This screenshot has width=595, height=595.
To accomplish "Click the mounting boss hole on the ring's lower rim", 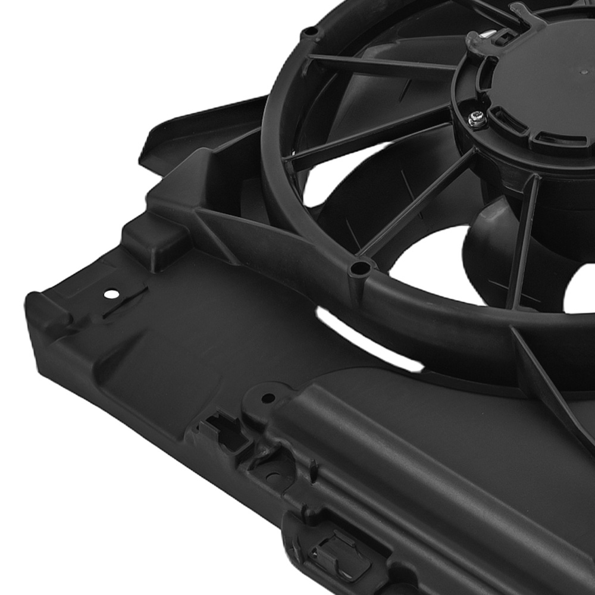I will click(x=359, y=269).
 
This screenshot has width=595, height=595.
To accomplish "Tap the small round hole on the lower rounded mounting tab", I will click(x=268, y=397).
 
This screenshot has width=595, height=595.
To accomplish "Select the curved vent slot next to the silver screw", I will click(x=506, y=121).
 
